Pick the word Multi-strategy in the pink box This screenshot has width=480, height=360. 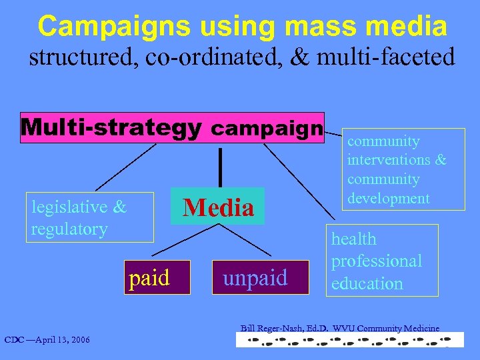point(111,127)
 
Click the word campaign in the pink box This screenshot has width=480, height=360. point(267,127)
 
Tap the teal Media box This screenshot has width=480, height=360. point(218,207)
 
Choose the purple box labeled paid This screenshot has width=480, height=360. point(149,277)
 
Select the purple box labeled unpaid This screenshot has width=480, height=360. point(255,277)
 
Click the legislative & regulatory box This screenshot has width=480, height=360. point(89,217)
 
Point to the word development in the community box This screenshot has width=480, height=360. point(388,198)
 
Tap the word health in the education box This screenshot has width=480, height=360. point(353,239)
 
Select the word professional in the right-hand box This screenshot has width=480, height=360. point(376,261)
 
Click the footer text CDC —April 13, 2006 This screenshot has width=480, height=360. point(47,341)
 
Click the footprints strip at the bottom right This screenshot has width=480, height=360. point(343,340)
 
